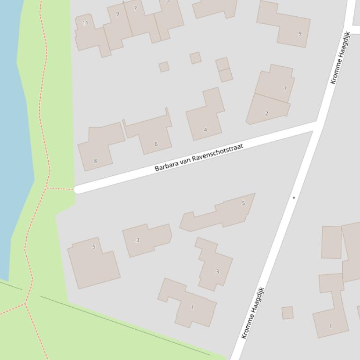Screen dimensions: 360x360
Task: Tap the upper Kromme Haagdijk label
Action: point(340,58)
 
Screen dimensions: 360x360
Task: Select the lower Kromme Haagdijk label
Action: point(253,313)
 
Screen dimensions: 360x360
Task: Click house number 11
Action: point(85,23)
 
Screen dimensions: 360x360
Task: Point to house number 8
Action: point(96,161)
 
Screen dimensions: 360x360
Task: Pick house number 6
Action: point(156,144)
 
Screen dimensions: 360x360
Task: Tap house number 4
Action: point(205,130)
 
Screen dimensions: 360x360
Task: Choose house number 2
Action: point(266,114)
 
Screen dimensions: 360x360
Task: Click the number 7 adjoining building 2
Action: point(285,89)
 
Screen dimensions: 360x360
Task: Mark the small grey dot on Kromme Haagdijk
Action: point(294,198)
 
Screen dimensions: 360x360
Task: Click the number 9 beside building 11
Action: point(118,14)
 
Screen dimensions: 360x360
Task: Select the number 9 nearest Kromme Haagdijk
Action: point(300,34)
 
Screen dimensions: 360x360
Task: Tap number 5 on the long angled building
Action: point(243,203)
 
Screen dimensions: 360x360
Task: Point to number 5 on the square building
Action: point(94,247)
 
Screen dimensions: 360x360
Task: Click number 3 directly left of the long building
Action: point(138,240)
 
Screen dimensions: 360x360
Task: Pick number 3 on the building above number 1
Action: point(217,272)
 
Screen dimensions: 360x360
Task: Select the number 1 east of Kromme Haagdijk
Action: point(331,326)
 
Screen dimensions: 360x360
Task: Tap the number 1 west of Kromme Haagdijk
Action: point(192,308)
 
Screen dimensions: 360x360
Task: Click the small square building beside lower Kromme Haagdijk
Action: point(287,313)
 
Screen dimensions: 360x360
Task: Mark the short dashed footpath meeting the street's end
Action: point(60,189)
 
